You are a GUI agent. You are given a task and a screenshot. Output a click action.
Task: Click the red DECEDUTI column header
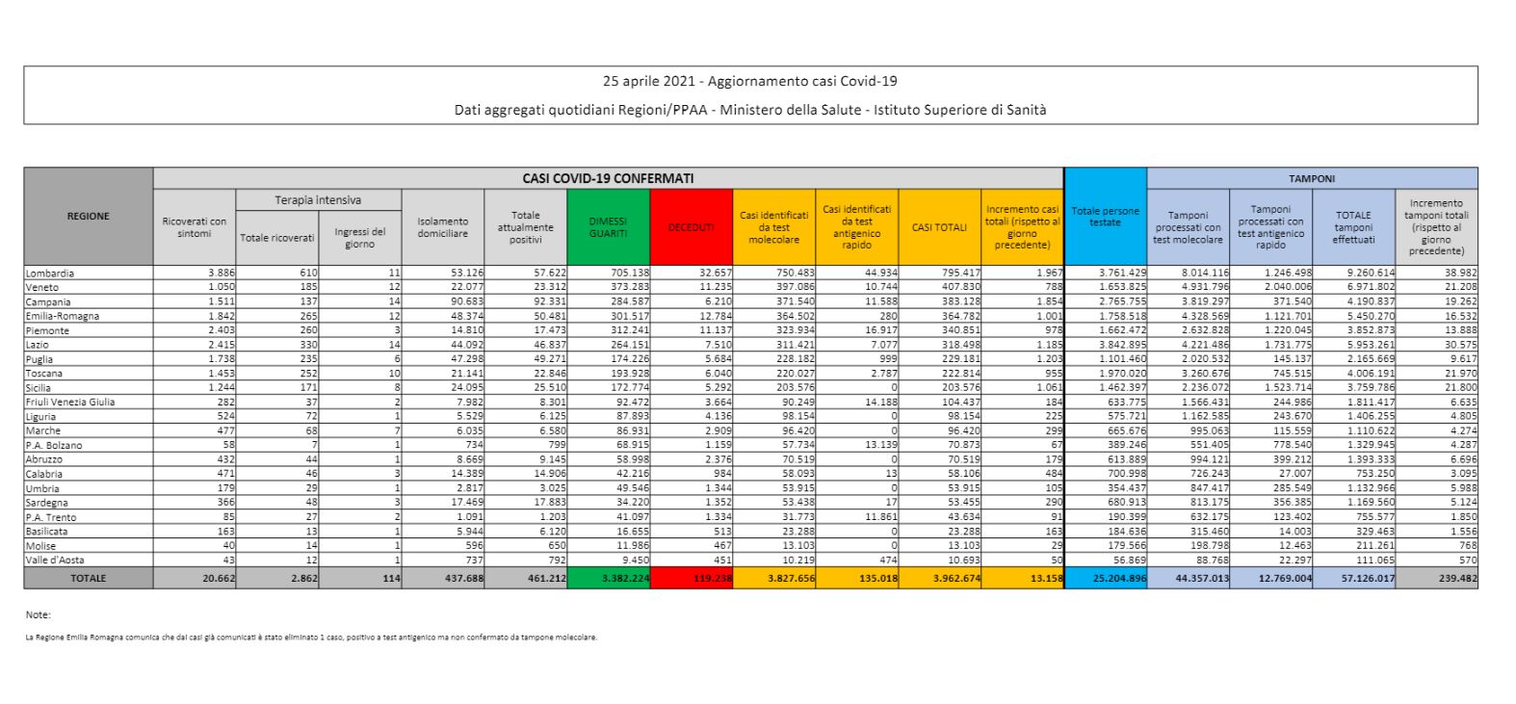click(691, 227)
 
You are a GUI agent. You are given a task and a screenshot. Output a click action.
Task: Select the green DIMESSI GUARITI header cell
click(609, 227)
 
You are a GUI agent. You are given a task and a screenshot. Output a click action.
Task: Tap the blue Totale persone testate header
click(1106, 217)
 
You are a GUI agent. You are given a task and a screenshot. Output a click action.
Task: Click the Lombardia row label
click(50, 274)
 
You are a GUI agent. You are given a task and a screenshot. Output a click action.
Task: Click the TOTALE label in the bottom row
click(88, 578)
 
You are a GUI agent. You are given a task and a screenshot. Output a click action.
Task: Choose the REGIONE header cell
click(88, 217)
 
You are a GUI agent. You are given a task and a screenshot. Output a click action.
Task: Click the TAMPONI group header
click(1312, 178)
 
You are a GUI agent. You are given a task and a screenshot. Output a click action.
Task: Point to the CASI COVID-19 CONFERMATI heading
click(608, 178)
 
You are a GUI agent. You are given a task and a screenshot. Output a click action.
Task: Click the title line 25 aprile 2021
click(749, 82)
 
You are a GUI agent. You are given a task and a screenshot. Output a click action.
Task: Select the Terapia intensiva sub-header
click(318, 200)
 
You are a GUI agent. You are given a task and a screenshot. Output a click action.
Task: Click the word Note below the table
click(39, 614)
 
